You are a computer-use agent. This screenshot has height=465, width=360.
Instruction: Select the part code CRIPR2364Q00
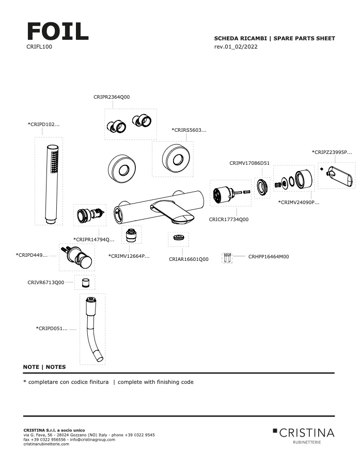click(112, 97)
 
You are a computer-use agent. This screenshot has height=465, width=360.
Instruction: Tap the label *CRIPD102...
click(43, 125)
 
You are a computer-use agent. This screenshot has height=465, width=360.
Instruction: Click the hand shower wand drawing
click(51, 183)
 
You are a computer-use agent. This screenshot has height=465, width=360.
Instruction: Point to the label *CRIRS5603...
click(189, 130)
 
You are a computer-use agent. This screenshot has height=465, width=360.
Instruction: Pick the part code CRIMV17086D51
click(249, 163)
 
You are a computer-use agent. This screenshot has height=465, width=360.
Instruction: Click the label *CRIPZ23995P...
click(332, 152)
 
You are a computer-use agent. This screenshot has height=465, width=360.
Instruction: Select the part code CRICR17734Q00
click(229, 219)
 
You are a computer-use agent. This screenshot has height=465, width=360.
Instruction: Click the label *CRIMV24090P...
click(299, 202)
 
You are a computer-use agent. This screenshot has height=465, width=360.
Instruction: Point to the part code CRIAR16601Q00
click(189, 259)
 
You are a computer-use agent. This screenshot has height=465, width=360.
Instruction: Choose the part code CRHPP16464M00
click(269, 256)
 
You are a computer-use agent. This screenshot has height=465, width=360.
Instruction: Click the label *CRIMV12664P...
click(129, 256)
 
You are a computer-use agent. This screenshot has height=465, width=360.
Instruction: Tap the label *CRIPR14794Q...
click(94, 239)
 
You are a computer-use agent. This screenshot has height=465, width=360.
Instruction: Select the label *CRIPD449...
click(32, 255)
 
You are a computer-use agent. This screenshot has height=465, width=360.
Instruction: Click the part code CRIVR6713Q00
click(46, 283)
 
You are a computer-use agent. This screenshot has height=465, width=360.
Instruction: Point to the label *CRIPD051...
click(52, 328)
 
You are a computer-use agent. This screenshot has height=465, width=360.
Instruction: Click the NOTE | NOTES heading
click(44, 367)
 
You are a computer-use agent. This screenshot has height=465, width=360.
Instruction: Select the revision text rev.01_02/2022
click(236, 47)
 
